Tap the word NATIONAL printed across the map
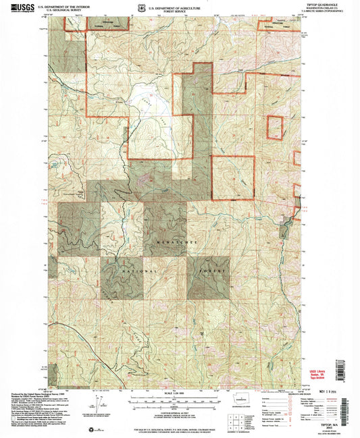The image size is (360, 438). [x=140, y=271]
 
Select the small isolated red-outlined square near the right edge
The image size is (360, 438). [x=274, y=128]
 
